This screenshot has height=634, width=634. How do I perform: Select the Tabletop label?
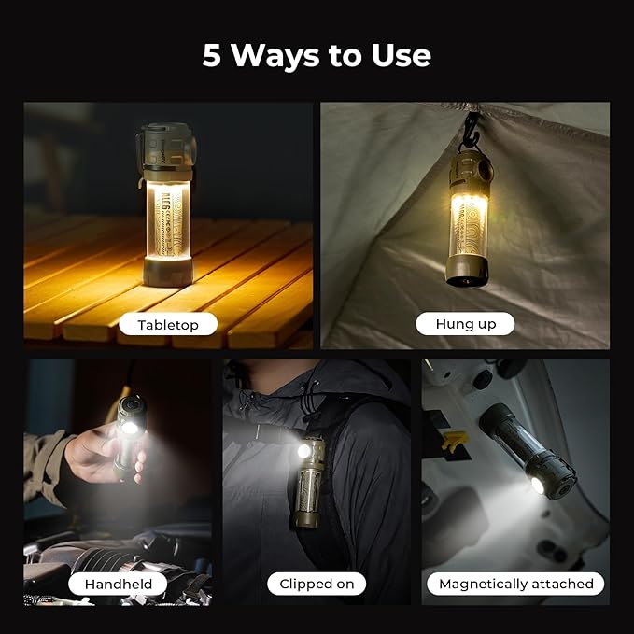point(168,324)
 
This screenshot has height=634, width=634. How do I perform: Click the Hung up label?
point(466,324)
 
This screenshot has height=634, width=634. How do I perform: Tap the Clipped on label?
point(317,584)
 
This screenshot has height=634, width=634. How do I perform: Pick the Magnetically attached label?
point(515,584)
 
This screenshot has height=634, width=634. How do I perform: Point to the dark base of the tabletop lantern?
point(168,272)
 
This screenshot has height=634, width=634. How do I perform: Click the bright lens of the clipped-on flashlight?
point(304,450)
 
